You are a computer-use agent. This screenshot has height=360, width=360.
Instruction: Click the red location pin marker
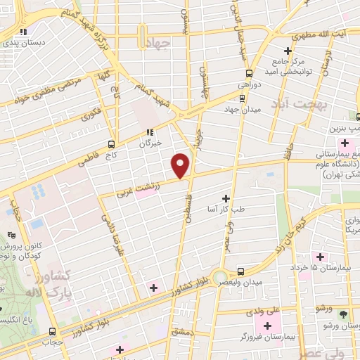(181, 165)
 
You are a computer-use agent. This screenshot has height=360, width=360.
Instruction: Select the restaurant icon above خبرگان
(150, 131)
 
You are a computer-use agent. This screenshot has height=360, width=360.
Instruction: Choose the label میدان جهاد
(242, 109)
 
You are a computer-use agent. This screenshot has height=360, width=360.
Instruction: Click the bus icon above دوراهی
(248, 73)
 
